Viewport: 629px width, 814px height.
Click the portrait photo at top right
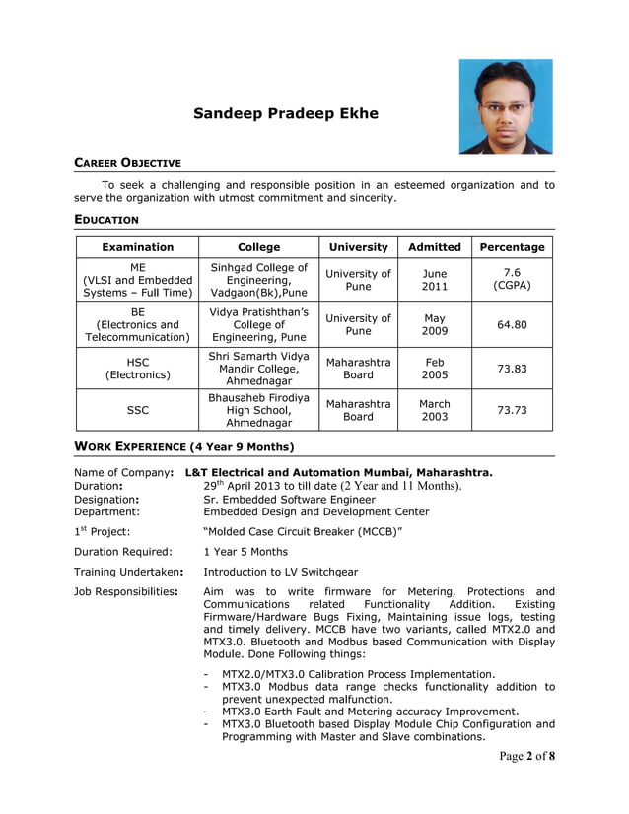point(506,106)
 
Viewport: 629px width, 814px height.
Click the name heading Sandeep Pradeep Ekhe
point(286,113)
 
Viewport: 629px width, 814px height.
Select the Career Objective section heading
point(128,162)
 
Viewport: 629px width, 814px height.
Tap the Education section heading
point(106,219)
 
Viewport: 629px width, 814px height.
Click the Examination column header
point(137,247)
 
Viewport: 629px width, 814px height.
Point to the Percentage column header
point(512,247)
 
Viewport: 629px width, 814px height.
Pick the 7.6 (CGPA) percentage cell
point(512,280)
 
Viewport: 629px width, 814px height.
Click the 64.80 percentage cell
point(512,324)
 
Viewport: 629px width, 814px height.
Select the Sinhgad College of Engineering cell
point(258,280)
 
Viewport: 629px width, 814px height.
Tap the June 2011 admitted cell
point(434,280)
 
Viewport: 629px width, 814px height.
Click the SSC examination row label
point(137,410)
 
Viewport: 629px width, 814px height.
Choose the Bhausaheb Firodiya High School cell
point(258,410)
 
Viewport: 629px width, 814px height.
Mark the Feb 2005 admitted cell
point(434,369)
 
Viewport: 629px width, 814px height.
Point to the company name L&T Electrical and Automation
point(338,472)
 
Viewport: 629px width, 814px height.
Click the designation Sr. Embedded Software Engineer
point(289,499)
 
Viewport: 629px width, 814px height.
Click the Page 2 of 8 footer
point(526,756)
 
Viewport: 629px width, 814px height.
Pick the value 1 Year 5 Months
point(245,552)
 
